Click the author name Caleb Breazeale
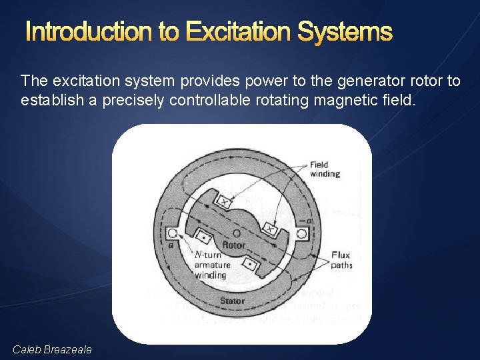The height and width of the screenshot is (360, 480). click(x=53, y=349)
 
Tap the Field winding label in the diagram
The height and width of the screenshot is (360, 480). click(x=325, y=169)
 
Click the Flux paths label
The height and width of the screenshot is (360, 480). click(x=341, y=260)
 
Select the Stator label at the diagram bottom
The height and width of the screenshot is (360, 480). click(x=232, y=301)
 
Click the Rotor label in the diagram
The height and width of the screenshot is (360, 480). click(x=234, y=245)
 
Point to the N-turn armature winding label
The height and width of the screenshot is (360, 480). click(x=211, y=265)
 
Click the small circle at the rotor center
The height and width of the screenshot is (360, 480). click(x=237, y=233)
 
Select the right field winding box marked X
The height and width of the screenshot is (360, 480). click(x=271, y=228)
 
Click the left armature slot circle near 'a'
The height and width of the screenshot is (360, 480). click(x=172, y=233)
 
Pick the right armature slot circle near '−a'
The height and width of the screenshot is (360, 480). click(x=301, y=233)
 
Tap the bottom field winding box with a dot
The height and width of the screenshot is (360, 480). click(x=249, y=265)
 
